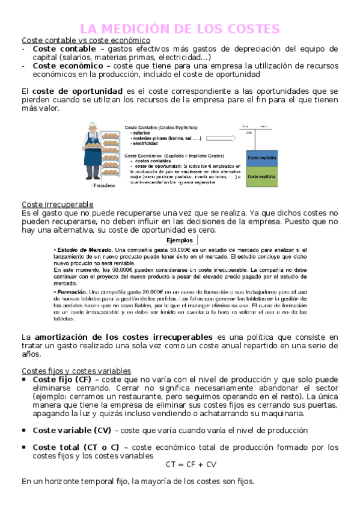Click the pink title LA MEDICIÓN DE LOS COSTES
[180, 28]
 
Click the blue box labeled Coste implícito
[261, 157]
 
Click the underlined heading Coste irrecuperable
[57, 204]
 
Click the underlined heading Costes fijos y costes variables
[76, 370]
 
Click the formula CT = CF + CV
[191, 464]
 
